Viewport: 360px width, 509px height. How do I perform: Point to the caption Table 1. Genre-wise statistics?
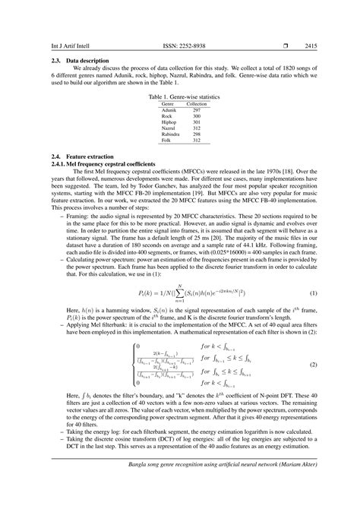pos(180,97)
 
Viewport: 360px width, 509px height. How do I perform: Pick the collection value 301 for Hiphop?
pos(197,122)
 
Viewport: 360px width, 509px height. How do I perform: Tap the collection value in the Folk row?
pos(197,141)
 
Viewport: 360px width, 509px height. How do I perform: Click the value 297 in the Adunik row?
pos(197,110)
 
